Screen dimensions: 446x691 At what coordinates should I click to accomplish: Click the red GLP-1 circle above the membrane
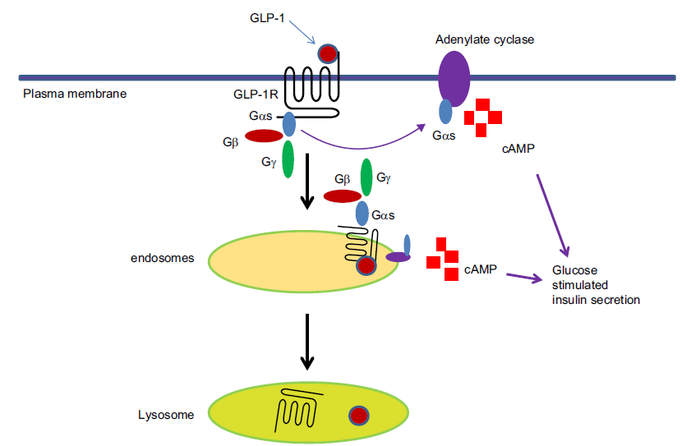[327, 54]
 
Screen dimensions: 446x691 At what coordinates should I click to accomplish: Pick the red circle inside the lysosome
[357, 416]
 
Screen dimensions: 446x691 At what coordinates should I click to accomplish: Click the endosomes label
[163, 258]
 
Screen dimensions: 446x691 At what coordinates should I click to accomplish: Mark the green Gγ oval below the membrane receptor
[288, 159]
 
